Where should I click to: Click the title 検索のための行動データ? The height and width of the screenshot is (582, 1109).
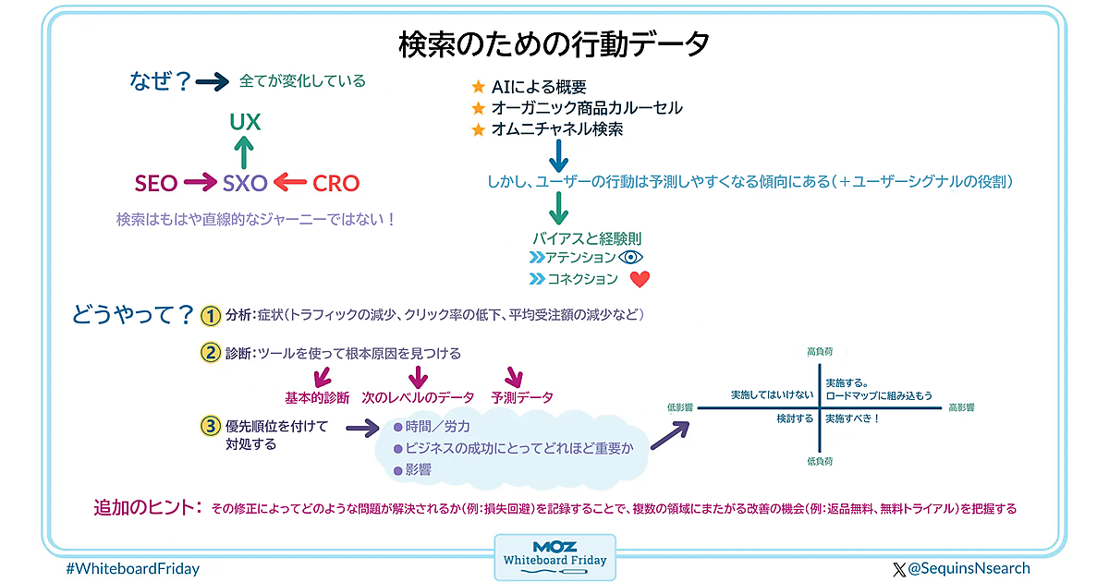pos(554,42)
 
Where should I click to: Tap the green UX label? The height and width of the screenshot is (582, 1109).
pos(245,122)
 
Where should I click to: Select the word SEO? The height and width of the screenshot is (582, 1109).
pos(156,183)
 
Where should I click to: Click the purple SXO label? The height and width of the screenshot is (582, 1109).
pos(245,183)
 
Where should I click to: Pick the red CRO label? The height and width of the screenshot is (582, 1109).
pos(335,183)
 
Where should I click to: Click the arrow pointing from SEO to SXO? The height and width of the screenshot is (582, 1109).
pos(199,183)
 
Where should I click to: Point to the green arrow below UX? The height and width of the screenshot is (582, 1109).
pos(245,151)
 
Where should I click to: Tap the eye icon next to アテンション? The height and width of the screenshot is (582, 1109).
pos(630,257)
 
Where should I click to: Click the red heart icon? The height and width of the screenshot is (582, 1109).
pos(640,279)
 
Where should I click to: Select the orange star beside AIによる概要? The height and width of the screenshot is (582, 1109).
pos(478,87)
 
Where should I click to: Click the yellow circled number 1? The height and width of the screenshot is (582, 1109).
pos(211,316)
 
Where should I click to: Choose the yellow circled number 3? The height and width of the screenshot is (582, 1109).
pos(211,426)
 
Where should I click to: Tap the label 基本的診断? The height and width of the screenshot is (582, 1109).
pos(317,397)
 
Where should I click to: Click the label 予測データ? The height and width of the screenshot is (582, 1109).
pos(522,397)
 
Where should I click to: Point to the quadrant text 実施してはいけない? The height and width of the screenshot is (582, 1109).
pos(772,394)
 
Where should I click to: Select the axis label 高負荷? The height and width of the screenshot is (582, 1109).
pos(820,352)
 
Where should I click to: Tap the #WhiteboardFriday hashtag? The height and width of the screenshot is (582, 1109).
pos(133,569)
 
